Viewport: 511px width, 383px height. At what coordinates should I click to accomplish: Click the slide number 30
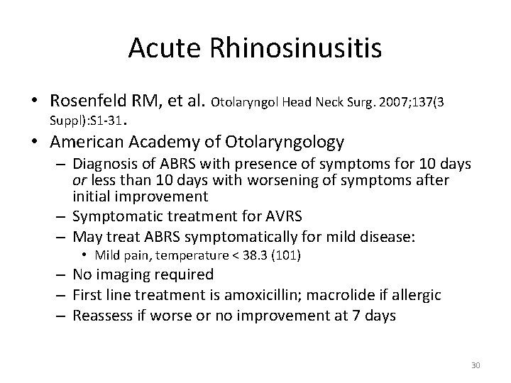pyautogui.click(x=476, y=365)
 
